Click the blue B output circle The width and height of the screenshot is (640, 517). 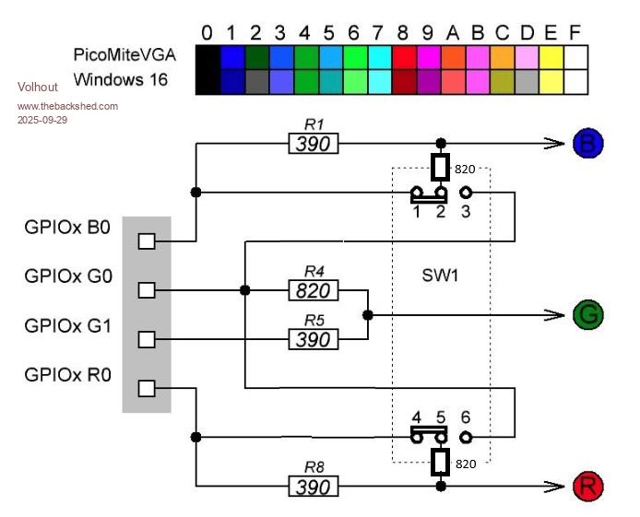point(587,144)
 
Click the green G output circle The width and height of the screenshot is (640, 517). point(587,314)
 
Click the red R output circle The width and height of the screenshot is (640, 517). point(587,486)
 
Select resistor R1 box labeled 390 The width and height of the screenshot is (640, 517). point(314,144)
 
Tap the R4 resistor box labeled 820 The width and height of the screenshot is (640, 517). point(314,291)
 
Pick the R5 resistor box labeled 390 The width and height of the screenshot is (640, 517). point(314,340)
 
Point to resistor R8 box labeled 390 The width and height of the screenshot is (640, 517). point(314,487)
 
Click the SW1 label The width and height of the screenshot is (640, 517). point(440,276)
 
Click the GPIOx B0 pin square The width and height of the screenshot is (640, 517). point(146,241)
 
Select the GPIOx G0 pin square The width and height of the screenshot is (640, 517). point(146,290)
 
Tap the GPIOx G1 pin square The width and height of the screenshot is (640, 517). point(146,339)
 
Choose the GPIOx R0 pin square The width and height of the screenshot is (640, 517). point(146,388)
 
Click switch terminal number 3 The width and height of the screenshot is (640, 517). point(466,212)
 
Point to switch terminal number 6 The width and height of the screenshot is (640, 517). point(466,417)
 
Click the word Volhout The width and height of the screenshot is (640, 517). point(38,87)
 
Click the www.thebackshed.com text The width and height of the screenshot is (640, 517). point(67,106)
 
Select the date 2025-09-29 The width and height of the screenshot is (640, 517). point(42,120)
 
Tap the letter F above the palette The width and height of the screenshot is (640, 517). point(575,33)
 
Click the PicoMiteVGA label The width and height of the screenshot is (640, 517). point(124,55)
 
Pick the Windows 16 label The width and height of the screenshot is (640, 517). point(121,79)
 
